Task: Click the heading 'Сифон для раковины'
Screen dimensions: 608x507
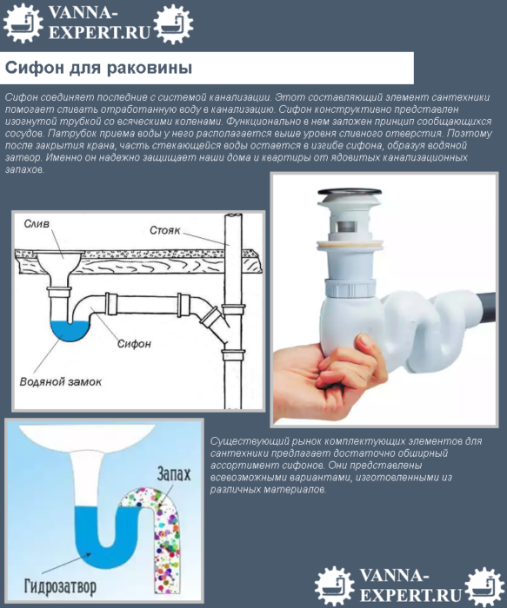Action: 99,68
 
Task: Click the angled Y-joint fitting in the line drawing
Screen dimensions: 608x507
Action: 209,317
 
